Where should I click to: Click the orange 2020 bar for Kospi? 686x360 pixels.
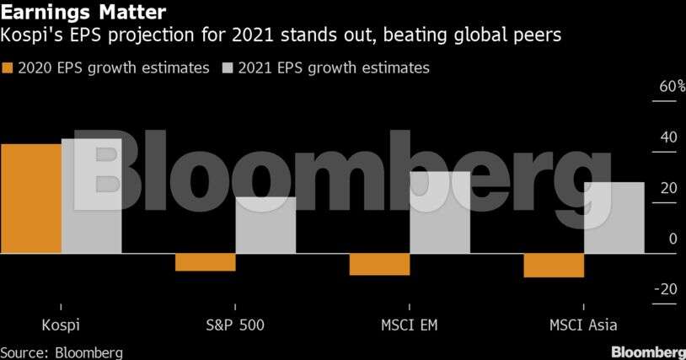tap(30, 198)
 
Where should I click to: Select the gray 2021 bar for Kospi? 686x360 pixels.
tap(91, 196)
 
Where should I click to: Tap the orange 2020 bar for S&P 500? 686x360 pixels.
tap(205, 261)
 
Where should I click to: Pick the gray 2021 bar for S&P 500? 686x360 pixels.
tap(265, 225)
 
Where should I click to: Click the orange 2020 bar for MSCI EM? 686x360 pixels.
tap(379, 264)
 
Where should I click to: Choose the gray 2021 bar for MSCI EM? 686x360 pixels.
tap(440, 212)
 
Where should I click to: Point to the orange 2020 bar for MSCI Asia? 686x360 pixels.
tap(553, 265)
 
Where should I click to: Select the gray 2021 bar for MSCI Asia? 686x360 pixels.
tap(614, 218)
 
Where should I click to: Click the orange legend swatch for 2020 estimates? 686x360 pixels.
tap(8, 68)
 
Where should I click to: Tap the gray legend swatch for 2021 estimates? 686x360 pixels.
tap(228, 68)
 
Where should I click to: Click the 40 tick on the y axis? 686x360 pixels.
tap(667, 137)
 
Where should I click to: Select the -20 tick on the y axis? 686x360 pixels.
tap(664, 289)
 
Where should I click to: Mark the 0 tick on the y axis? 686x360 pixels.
tap(673, 239)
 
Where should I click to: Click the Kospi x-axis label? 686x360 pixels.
tap(60, 325)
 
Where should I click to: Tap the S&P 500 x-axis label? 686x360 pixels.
tap(235, 325)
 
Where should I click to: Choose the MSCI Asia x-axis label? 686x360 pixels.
tap(583, 325)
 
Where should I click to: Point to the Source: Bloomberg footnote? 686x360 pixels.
tap(62, 352)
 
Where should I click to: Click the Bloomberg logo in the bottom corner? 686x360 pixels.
tap(648, 352)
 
